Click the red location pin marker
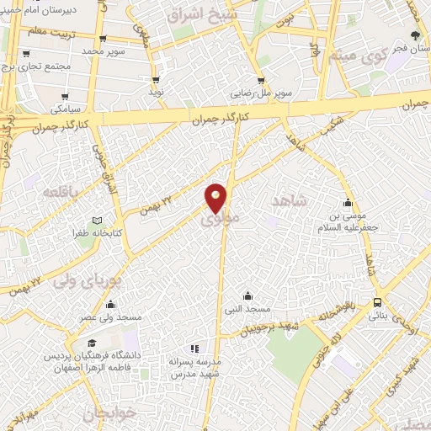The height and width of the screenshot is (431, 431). pyautogui.click(x=216, y=196)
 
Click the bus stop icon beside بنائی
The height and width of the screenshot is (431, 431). pyautogui.click(x=376, y=303)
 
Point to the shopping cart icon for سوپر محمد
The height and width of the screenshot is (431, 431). pyautogui.click(x=102, y=39)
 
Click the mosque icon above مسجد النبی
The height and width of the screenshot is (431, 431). pyautogui.click(x=247, y=295)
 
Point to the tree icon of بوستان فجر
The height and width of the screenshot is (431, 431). pyautogui.click(x=415, y=35)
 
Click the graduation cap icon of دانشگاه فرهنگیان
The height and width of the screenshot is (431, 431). pyautogui.click(x=91, y=343)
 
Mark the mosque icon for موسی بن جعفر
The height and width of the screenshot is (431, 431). pyautogui.click(x=348, y=202)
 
